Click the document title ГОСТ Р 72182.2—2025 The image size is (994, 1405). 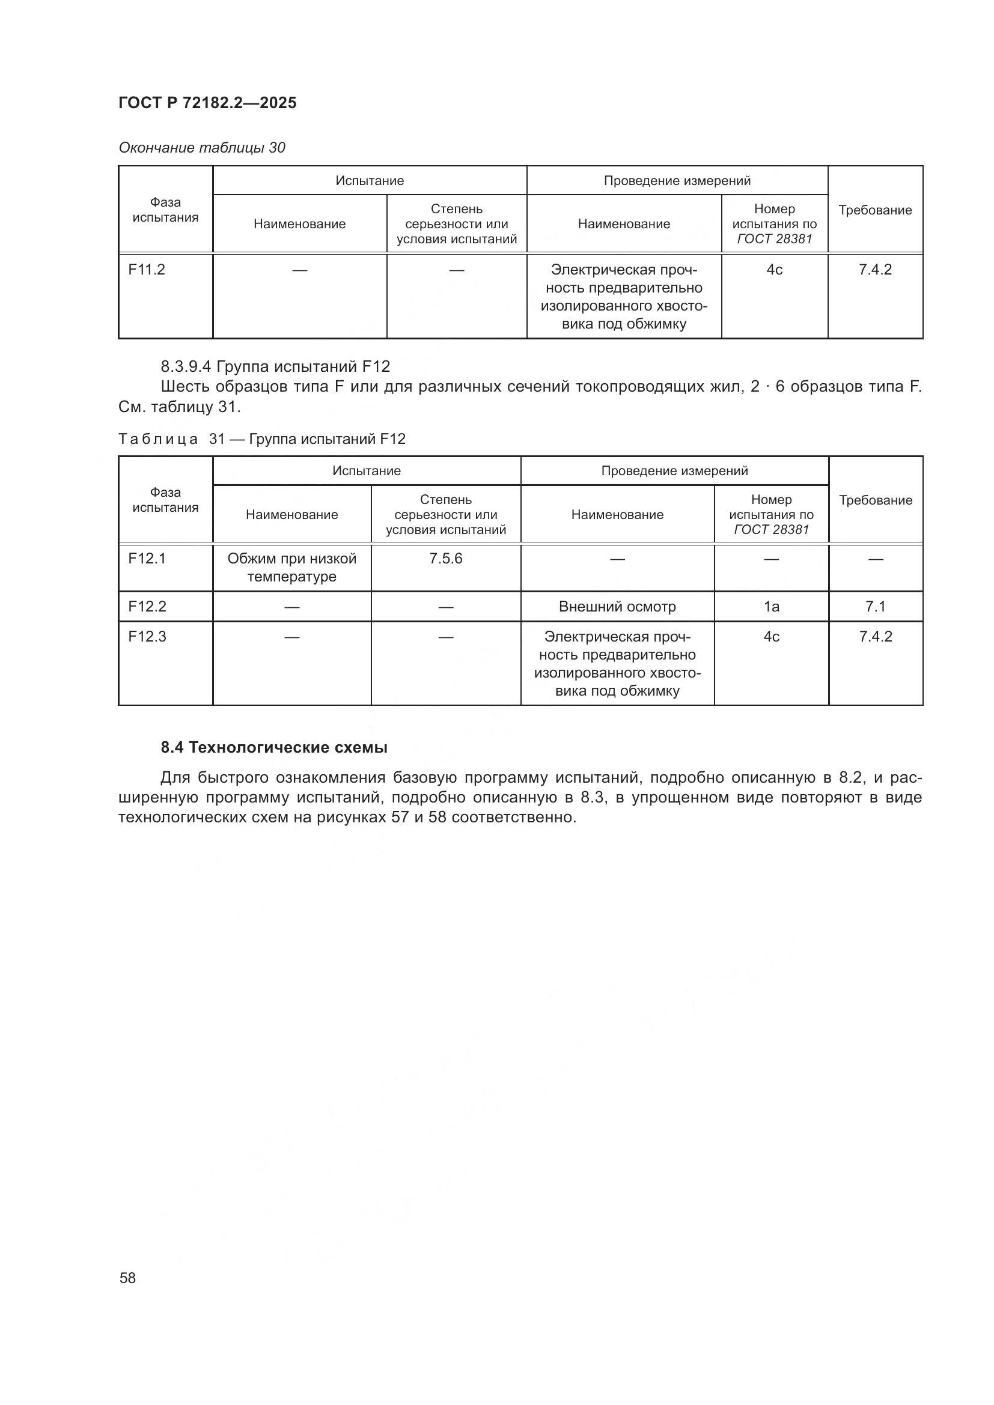click(x=207, y=103)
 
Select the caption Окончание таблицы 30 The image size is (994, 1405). click(x=202, y=148)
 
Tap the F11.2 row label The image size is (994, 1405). click(x=147, y=270)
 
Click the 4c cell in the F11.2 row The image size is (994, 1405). click(x=774, y=270)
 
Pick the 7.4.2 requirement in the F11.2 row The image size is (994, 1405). click(x=874, y=270)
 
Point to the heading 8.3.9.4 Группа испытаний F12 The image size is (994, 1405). click(x=275, y=366)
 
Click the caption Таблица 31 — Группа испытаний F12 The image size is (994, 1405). click(x=262, y=438)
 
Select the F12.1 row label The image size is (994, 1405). click(x=147, y=559)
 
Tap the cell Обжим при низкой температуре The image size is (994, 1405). click(x=292, y=567)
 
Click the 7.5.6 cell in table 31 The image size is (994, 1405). click(x=445, y=559)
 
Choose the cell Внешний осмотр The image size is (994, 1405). click(x=617, y=607)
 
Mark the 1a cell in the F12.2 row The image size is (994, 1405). click(x=771, y=607)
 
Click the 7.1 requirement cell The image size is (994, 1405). click(x=875, y=607)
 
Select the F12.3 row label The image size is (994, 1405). click(x=147, y=637)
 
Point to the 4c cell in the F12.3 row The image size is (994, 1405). click(x=771, y=637)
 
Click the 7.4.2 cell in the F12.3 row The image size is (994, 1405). click(x=875, y=637)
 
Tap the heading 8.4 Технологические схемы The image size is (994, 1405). click(x=274, y=747)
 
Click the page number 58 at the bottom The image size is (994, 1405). click(x=128, y=1278)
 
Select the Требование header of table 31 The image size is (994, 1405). click(x=875, y=500)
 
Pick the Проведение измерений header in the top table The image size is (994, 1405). click(x=677, y=181)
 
